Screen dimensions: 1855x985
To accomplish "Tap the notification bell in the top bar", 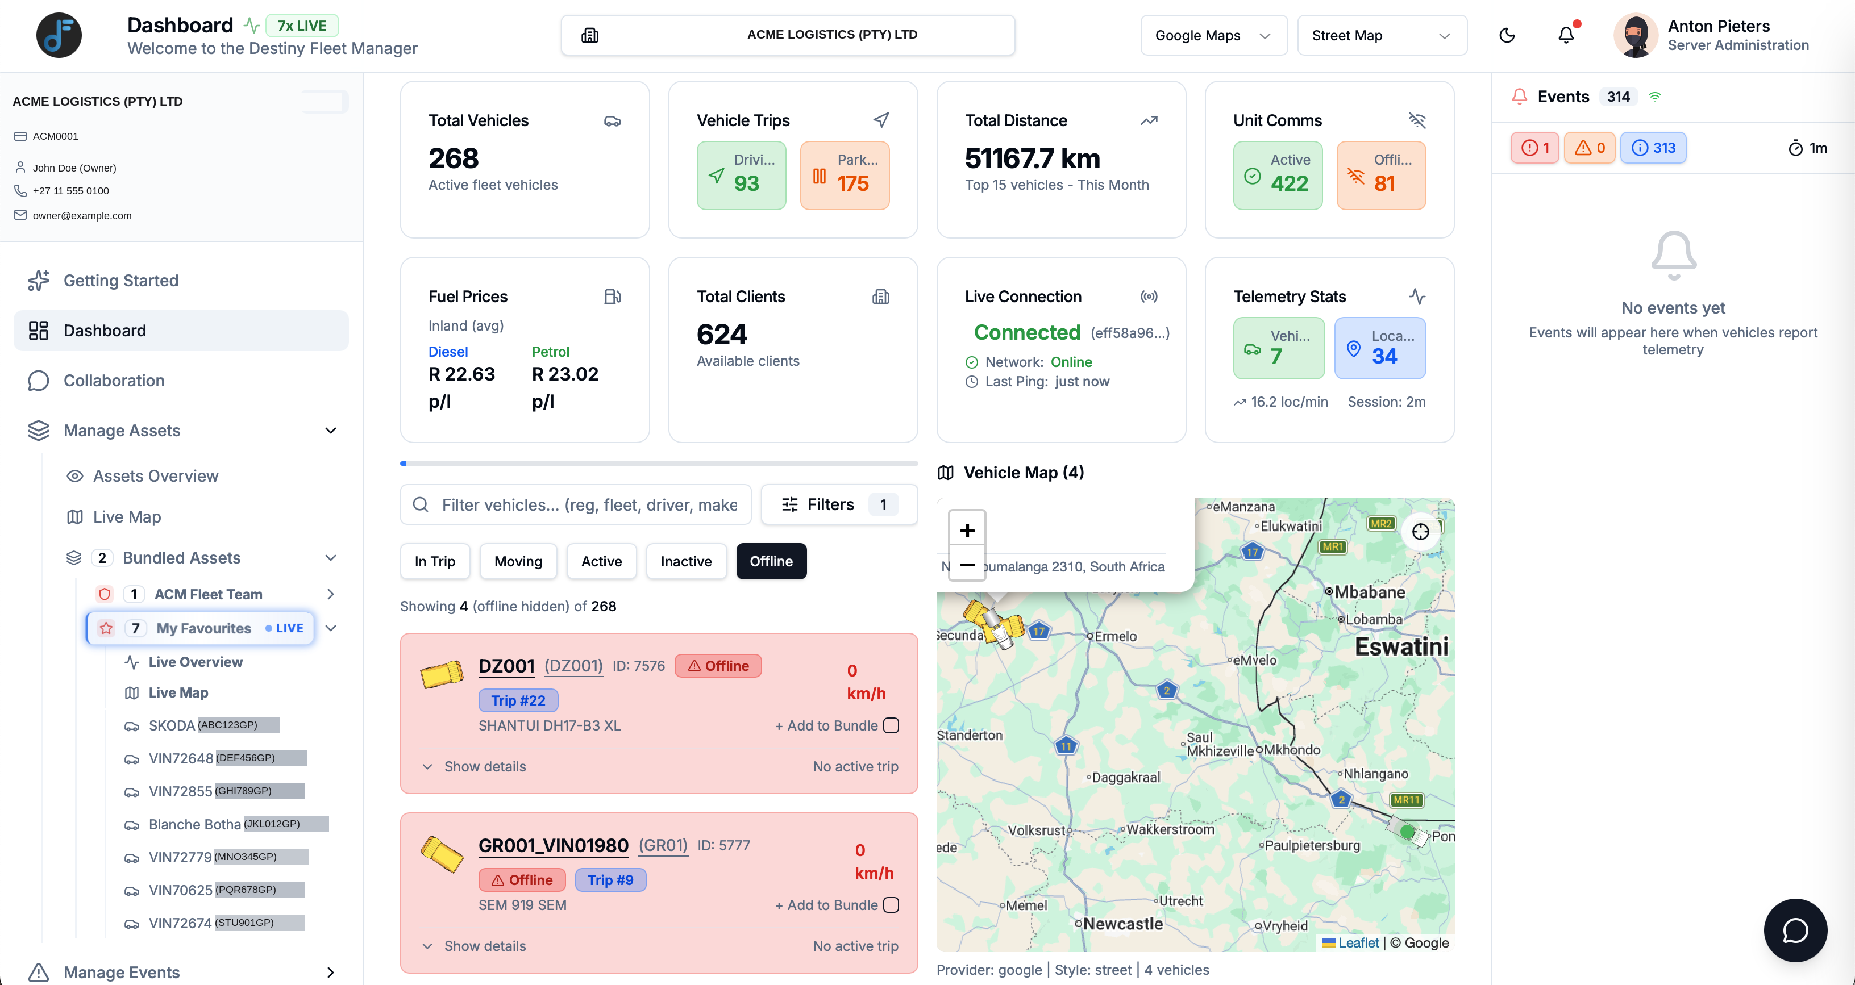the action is pyautogui.click(x=1566, y=35).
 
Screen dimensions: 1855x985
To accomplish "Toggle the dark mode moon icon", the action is pyautogui.click(x=1507, y=35).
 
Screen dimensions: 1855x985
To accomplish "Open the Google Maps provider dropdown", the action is pyautogui.click(x=1213, y=35).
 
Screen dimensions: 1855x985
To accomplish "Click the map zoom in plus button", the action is pyautogui.click(x=967, y=530).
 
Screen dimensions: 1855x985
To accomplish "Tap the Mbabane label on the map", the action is pyautogui.click(x=1370, y=592).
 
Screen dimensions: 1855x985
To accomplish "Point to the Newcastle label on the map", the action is pyautogui.click(x=1122, y=923).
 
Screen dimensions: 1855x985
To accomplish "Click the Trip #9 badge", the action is pyautogui.click(x=610, y=879).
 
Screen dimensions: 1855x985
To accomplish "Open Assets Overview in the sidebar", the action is pyautogui.click(x=156, y=476).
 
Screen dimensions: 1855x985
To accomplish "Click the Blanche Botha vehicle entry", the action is pyautogui.click(x=194, y=824).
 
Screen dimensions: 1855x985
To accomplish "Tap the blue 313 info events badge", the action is pyautogui.click(x=1653, y=148).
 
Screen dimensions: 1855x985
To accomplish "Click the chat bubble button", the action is pyautogui.click(x=1795, y=930).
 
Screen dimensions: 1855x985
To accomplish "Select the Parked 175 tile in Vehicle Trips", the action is pyautogui.click(x=845, y=175).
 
